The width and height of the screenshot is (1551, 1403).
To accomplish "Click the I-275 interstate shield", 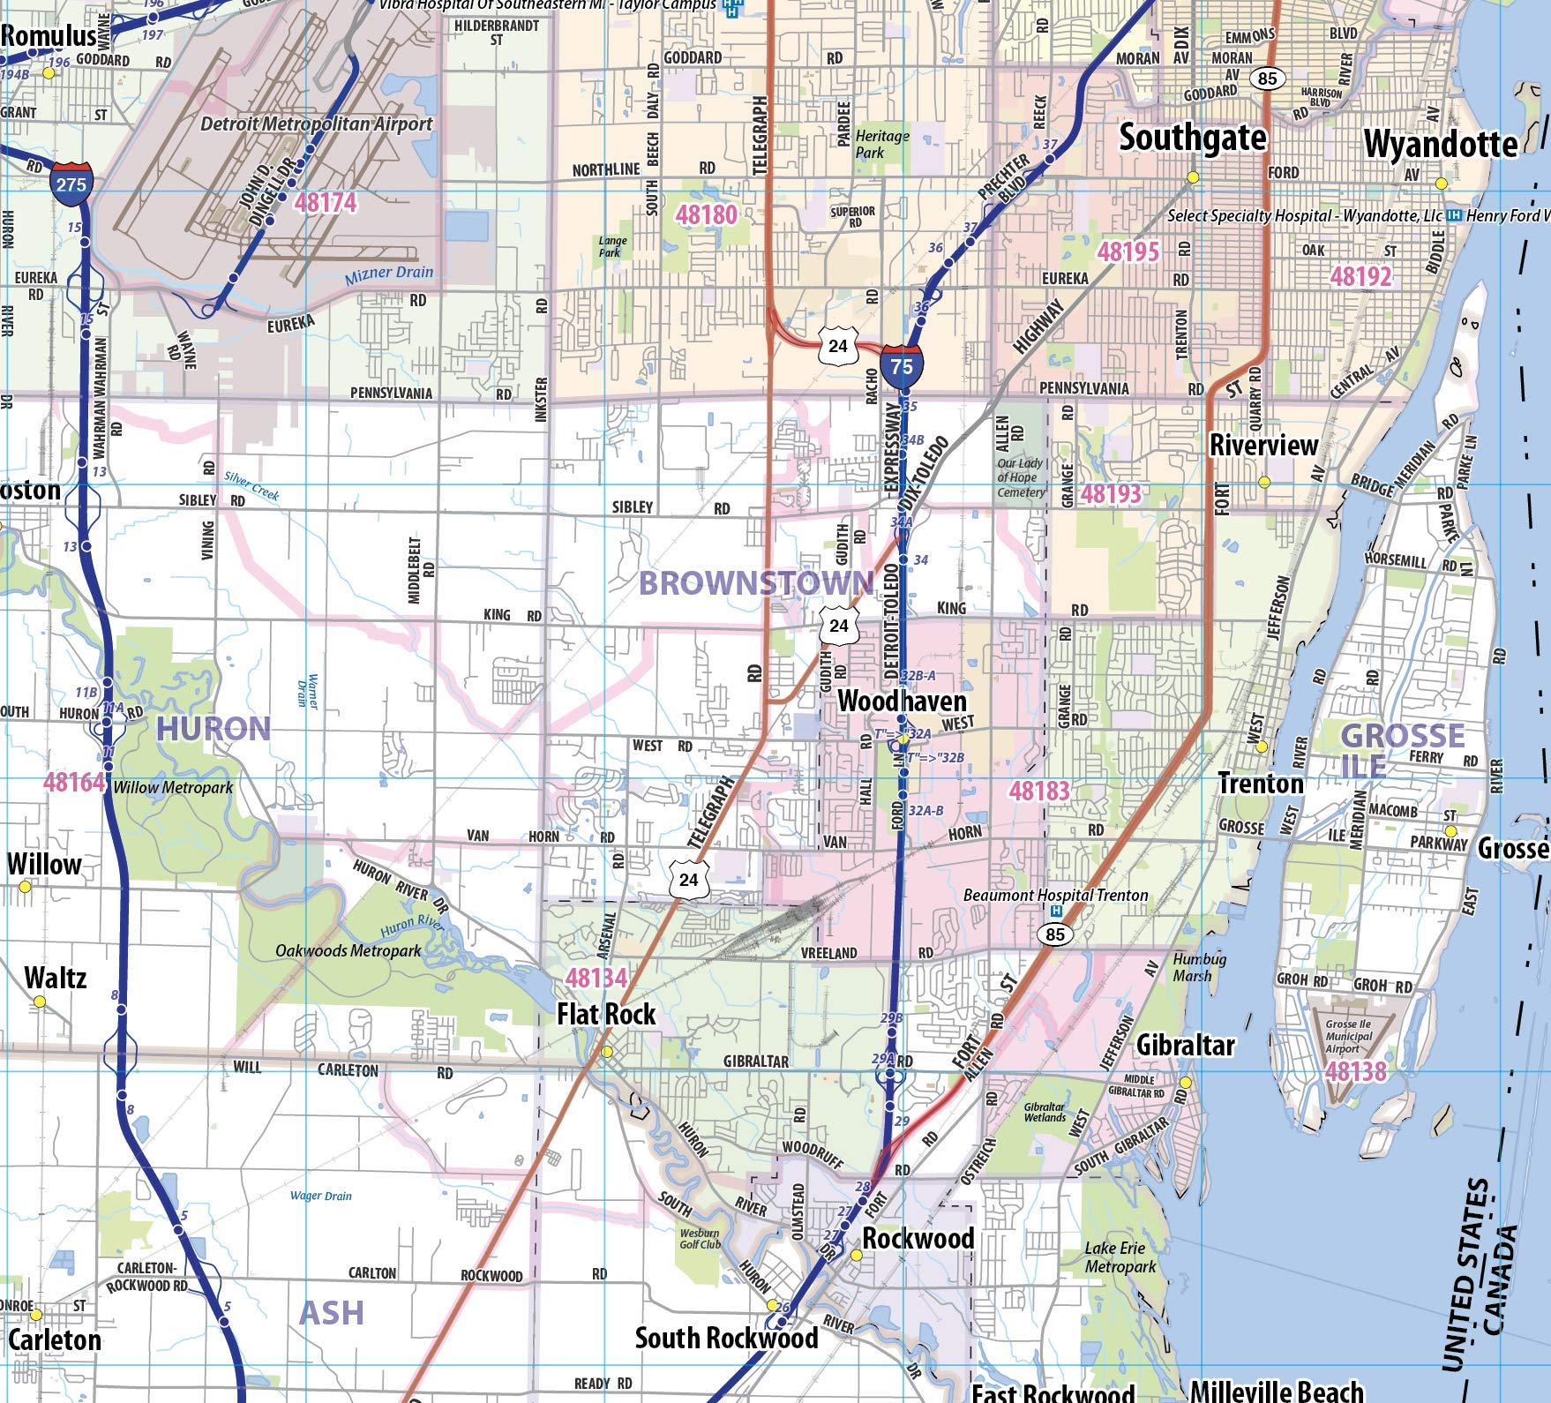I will tap(70, 183).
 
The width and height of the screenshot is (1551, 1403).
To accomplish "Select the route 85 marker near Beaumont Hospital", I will tap(1055, 934).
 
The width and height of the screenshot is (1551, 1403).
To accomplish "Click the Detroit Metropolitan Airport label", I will tap(316, 124).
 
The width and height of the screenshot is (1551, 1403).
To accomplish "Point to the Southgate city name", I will tap(1192, 139).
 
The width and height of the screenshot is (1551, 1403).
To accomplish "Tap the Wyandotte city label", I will tap(1440, 145).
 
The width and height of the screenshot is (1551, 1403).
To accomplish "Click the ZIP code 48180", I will tap(706, 214).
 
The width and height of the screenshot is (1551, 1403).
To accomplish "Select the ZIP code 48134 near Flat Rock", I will tap(596, 978).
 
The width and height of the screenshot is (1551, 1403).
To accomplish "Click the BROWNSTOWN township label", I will tap(755, 583).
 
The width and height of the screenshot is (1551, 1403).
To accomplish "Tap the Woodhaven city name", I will tap(902, 702).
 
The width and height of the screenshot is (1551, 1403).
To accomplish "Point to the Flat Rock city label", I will tap(606, 1015).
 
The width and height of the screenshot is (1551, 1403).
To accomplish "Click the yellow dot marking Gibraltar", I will tap(1185, 1083).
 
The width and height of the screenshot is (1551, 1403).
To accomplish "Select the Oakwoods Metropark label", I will tap(348, 950).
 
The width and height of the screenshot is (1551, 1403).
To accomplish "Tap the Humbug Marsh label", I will tap(1199, 967).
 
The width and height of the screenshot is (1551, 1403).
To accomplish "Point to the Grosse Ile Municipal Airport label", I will tap(1348, 1037).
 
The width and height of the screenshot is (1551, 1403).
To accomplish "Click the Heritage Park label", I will tap(882, 144).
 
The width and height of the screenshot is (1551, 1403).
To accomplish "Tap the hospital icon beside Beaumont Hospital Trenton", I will tap(1057, 911).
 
